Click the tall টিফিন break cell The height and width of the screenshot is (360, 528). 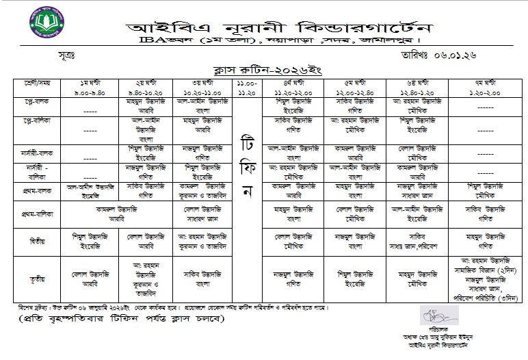tap(248, 164)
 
